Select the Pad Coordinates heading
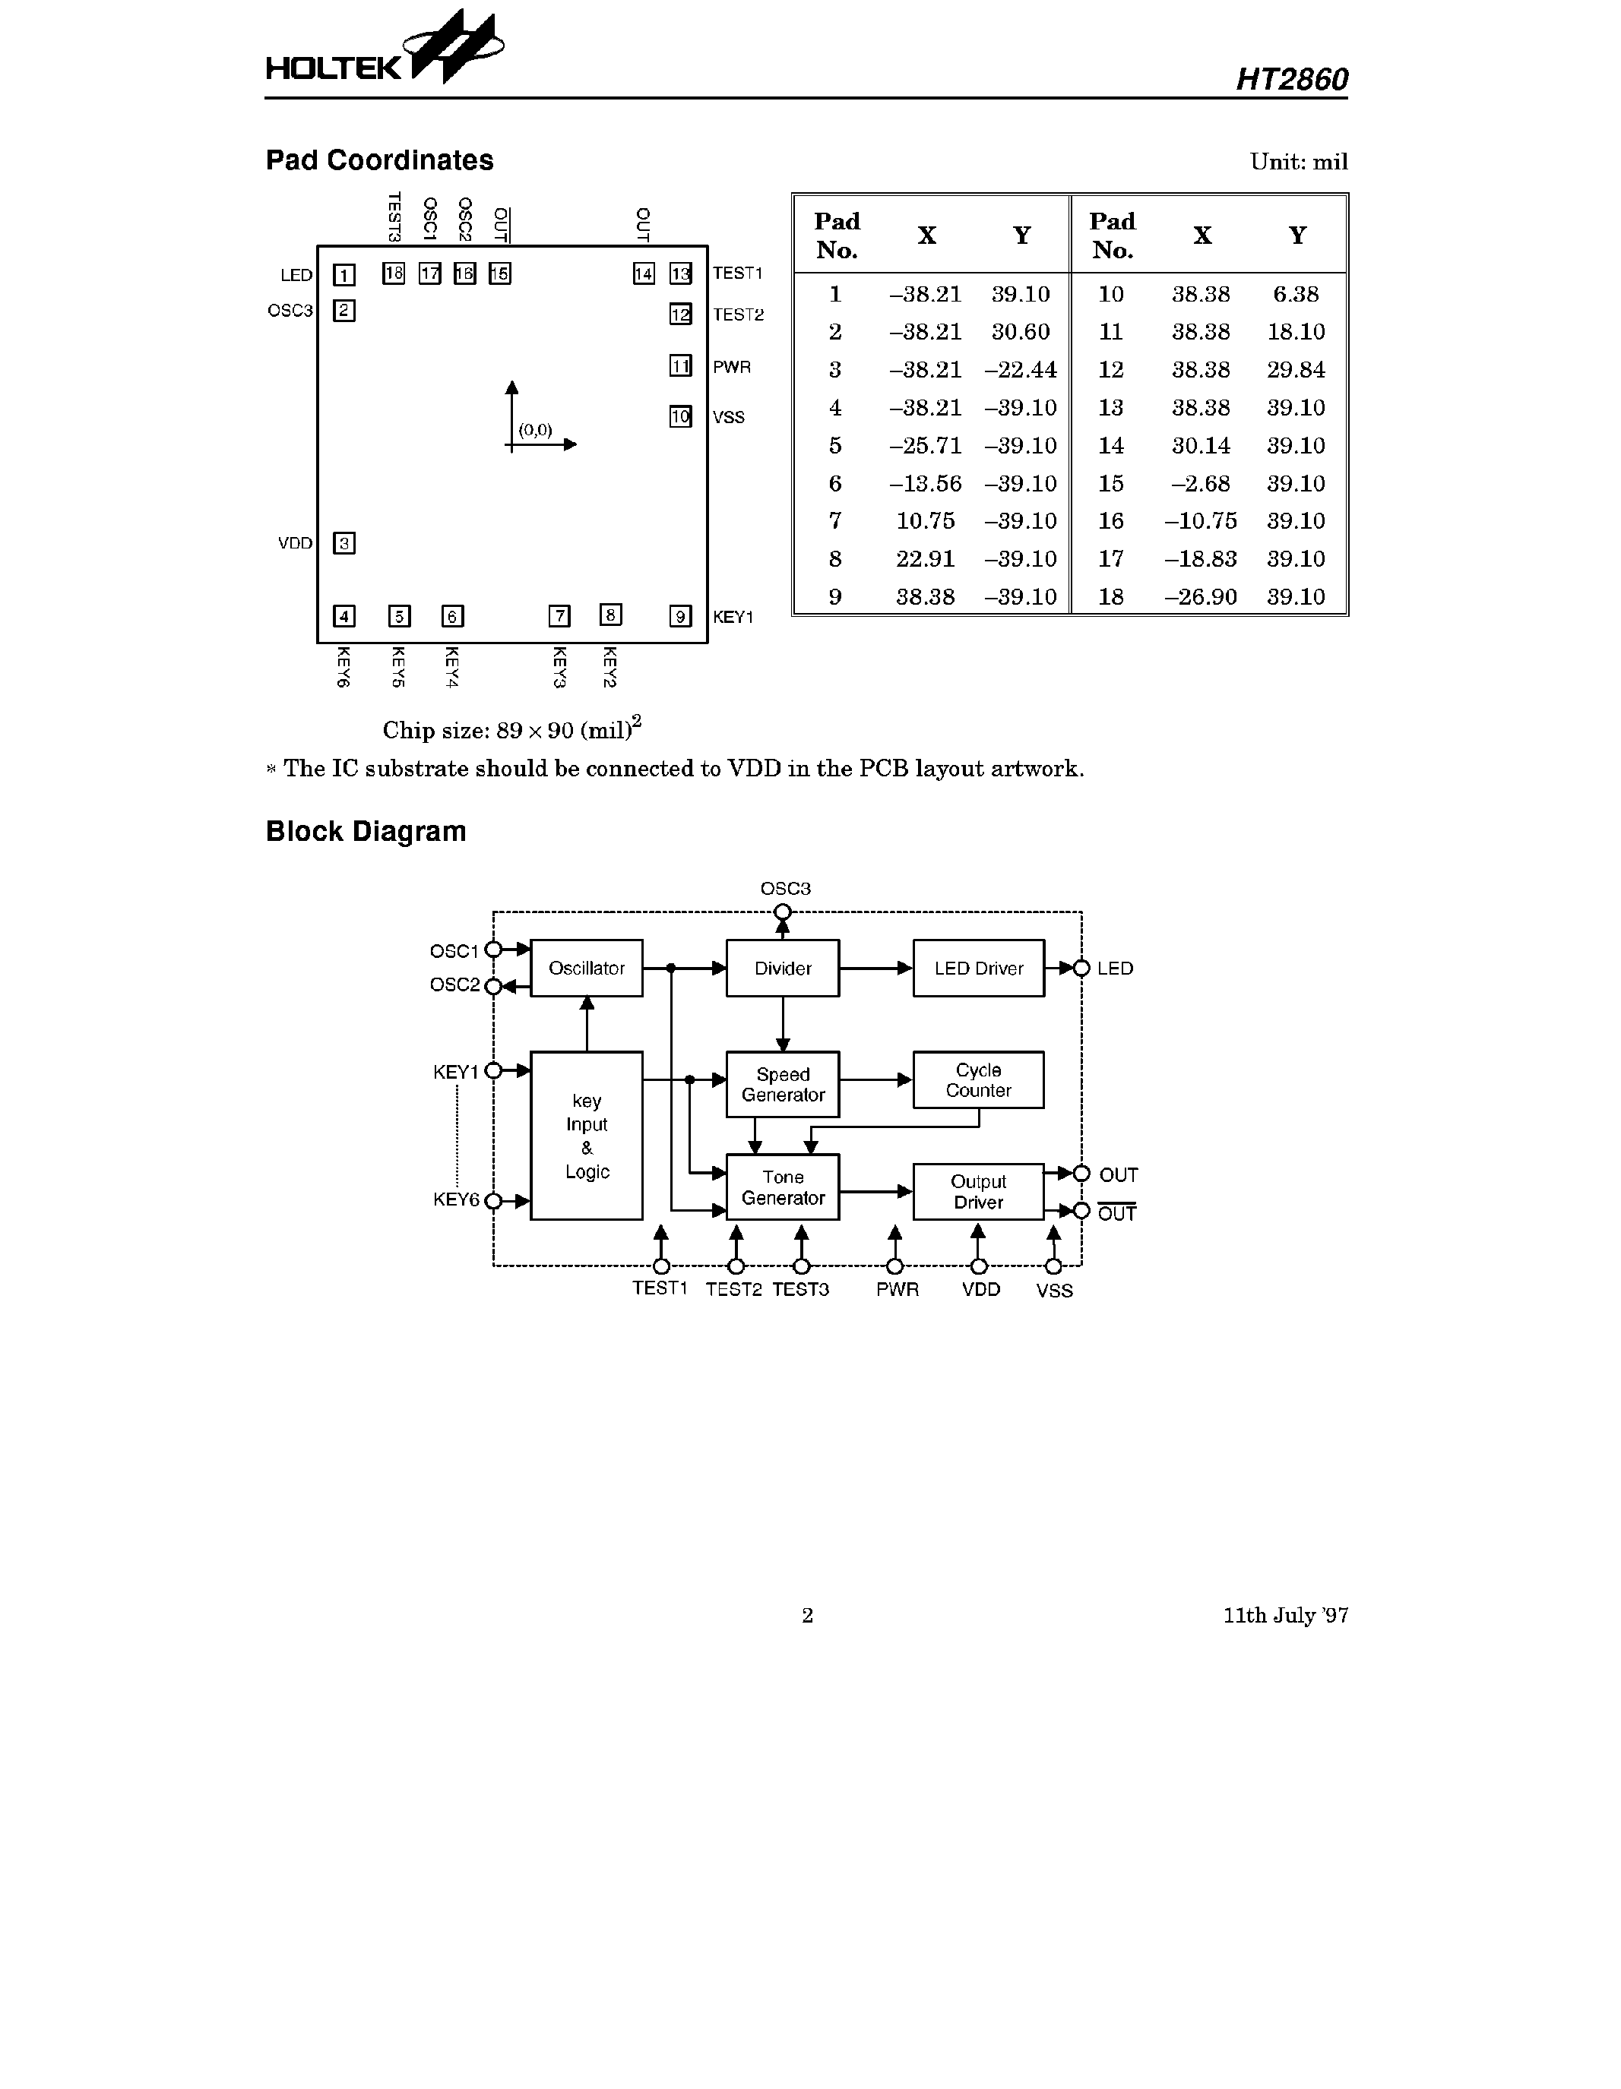pyautogui.click(x=379, y=160)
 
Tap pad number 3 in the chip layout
pyautogui.click(x=344, y=543)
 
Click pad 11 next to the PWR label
pyautogui.click(x=680, y=366)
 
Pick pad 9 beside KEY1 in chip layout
pyautogui.click(x=680, y=616)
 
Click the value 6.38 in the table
pyautogui.click(x=1296, y=295)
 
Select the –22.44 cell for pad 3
pyautogui.click(x=1020, y=370)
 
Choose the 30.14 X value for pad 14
pyautogui.click(x=1200, y=446)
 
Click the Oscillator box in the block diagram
pyautogui.click(x=587, y=968)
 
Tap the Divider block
pyautogui.click(x=783, y=968)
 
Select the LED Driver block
pyautogui.click(x=978, y=968)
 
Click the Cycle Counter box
pyautogui.click(x=978, y=1080)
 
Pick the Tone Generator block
pyautogui.click(x=783, y=1187)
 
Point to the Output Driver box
pyautogui.click(x=978, y=1192)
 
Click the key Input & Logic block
pyautogui.click(x=587, y=1136)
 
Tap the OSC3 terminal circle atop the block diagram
pyautogui.click(x=783, y=912)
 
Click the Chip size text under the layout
pyautogui.click(x=512, y=730)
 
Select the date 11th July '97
pyautogui.click(x=1285, y=1616)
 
